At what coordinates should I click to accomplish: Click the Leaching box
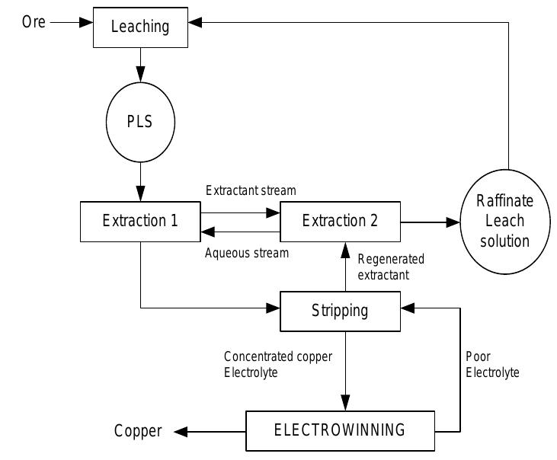point(140,27)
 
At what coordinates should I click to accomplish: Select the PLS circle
point(140,122)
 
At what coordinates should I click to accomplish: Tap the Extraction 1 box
point(140,222)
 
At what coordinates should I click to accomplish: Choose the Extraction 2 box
point(340,222)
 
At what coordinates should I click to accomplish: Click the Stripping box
point(340,310)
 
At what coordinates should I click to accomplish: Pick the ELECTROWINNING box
point(340,430)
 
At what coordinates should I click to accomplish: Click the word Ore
point(34,22)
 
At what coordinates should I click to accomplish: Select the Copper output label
point(138,431)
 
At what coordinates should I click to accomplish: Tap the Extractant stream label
point(251,190)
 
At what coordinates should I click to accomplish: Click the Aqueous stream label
point(247,253)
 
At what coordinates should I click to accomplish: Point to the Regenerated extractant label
point(391,267)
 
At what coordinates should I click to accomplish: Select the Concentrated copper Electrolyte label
point(277,364)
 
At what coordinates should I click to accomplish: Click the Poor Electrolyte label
point(492,364)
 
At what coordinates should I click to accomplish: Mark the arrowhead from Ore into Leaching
point(85,22)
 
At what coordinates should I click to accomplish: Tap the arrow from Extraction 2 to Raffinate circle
point(431,222)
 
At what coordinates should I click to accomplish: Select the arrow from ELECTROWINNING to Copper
point(210,432)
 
